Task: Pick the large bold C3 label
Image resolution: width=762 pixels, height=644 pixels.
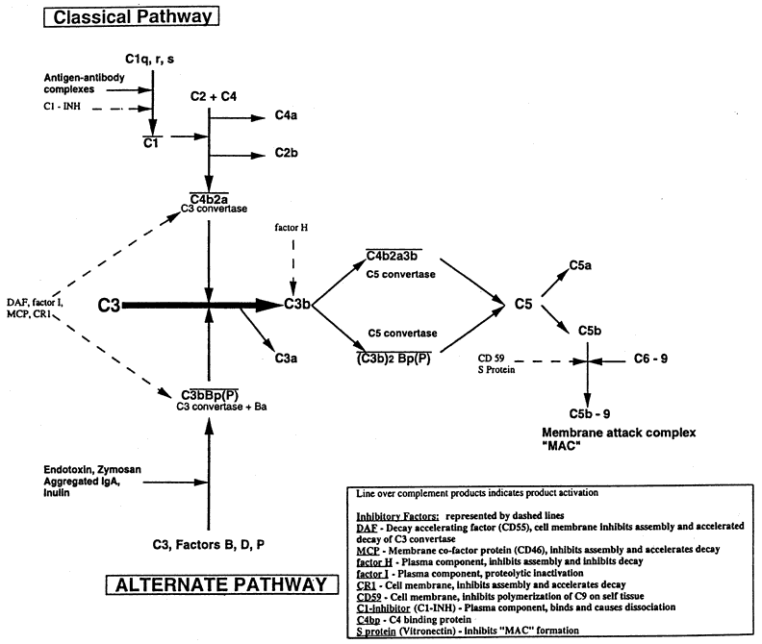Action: (111, 305)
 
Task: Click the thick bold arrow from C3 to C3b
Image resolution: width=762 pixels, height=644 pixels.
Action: (202, 305)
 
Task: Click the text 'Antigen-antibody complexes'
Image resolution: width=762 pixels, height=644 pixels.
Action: (81, 83)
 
